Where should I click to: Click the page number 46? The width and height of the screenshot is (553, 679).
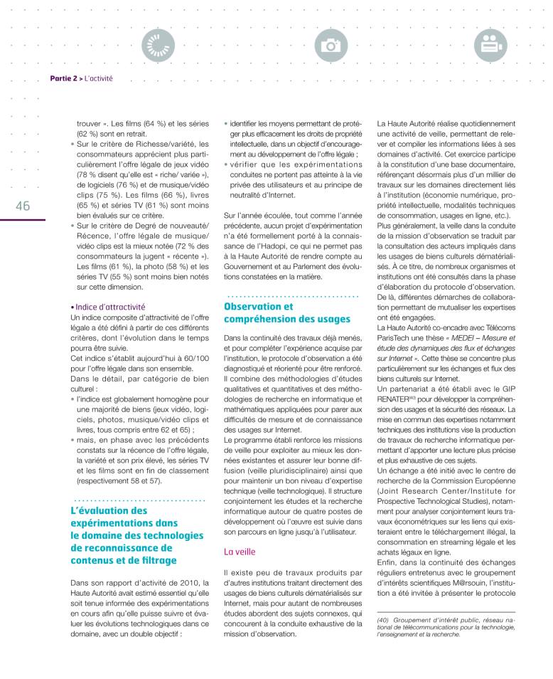pos(21,205)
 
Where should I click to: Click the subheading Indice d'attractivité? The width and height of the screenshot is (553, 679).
pos(107,307)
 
